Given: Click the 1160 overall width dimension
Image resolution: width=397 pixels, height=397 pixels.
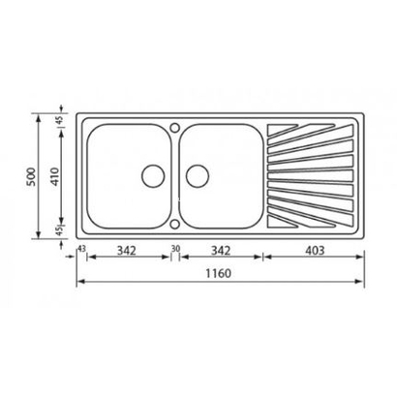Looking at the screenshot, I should click(221, 273).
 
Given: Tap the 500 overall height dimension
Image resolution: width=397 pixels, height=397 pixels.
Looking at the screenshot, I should click(33, 175).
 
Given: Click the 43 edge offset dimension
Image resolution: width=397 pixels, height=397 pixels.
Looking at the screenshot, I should click(80, 250).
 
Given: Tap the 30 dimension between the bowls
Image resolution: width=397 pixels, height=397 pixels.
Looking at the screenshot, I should click(175, 250).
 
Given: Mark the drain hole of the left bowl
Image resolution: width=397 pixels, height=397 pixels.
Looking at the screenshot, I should click(152, 175).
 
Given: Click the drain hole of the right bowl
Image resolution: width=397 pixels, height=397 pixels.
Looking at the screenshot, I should click(198, 175).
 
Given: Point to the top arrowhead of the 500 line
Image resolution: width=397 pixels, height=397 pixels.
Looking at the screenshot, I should click(41, 112).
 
